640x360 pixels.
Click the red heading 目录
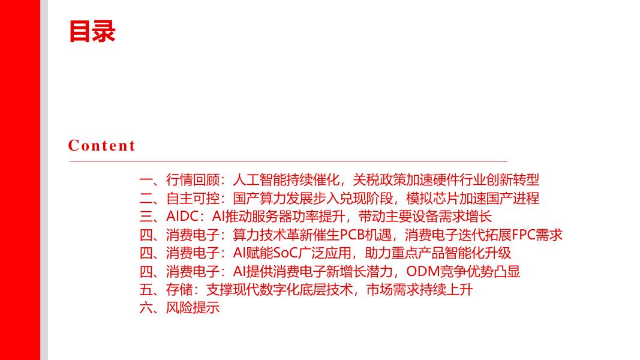pos(92,31)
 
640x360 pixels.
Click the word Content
pos(102,145)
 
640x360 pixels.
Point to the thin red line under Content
pos(288,161)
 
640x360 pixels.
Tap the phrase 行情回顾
pos(192,179)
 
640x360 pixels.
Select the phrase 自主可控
pos(192,198)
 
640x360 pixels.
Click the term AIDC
pos(182,217)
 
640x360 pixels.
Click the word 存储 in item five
pos(179,290)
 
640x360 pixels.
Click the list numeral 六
pos(146,308)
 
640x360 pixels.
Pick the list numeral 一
pos(146,179)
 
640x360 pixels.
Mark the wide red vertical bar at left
pos(20,180)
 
